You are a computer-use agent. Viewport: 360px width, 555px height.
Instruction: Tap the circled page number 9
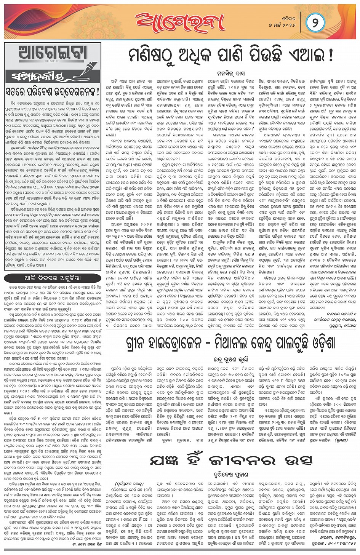(315, 23)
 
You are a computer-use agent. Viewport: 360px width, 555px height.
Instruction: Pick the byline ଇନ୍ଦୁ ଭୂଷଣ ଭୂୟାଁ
(231, 359)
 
